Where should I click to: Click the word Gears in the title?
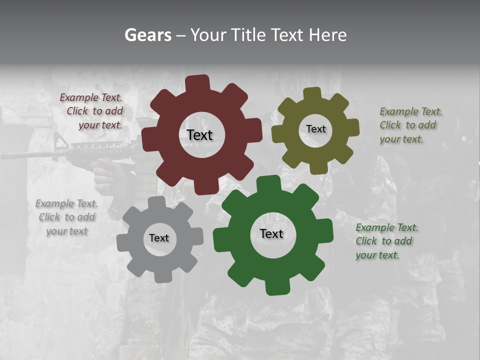point(147,35)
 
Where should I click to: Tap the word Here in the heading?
point(327,35)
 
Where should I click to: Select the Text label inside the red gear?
point(199,135)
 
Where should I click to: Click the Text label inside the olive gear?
point(315,129)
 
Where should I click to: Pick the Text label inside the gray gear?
point(159,238)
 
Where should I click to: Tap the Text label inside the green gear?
point(271,233)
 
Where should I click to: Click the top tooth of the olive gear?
point(312,94)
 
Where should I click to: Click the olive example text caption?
point(410,125)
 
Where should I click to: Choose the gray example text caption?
point(66,217)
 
